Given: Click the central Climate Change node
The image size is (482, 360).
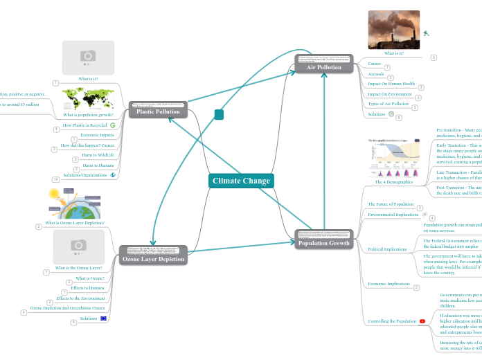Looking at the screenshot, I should pos(241,181).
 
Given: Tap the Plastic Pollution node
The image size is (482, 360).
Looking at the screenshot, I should pos(158,111).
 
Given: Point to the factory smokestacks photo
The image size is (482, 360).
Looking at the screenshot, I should pos(393,30).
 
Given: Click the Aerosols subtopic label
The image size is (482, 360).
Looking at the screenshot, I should pos(376,73).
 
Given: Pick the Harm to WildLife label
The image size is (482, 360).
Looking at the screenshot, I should pos(98,155).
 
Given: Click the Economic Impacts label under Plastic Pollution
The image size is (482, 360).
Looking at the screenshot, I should pos(97,135).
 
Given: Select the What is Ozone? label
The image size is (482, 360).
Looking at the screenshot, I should pos(90,278).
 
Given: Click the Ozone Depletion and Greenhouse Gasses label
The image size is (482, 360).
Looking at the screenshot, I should pos(66,307).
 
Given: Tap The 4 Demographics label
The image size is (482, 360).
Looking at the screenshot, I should pos(393,182).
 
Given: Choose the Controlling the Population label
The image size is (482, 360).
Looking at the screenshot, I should pos(391,321).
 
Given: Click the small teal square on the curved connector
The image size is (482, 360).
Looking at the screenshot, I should pos(219,114).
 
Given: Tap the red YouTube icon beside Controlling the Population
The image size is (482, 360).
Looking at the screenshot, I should pos(422,321).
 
